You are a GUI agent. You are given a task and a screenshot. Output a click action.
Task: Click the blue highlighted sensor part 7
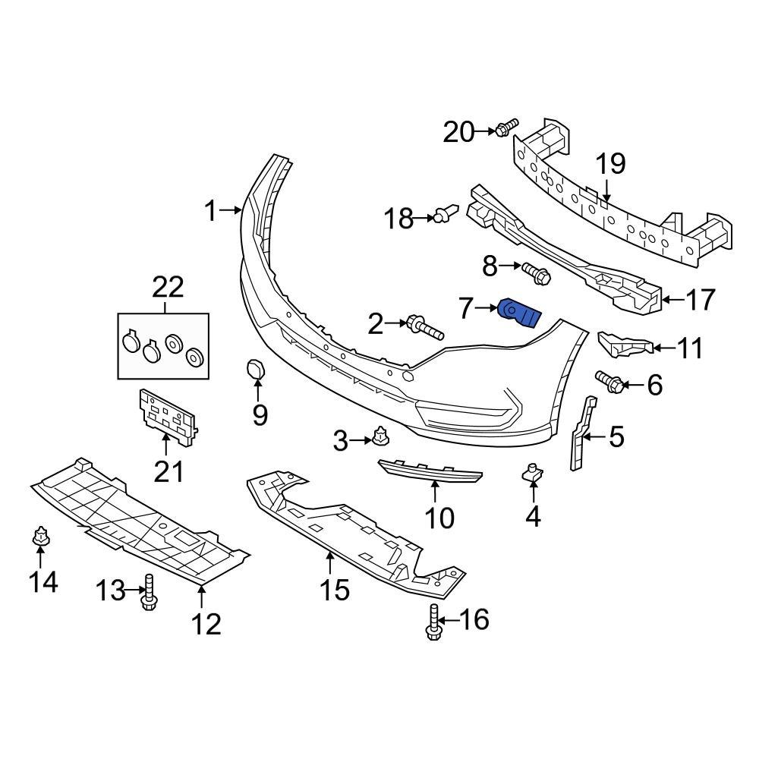click(519, 313)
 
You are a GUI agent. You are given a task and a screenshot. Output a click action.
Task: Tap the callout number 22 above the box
click(168, 288)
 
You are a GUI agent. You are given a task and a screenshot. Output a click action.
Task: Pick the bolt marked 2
click(424, 327)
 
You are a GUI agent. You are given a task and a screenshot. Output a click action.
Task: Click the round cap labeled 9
click(254, 369)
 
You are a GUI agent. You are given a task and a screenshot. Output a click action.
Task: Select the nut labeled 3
click(379, 437)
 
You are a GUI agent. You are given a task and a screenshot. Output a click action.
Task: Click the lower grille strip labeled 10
click(430, 471)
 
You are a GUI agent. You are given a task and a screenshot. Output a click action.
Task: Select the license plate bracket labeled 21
click(167, 415)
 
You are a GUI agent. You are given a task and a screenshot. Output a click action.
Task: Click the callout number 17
click(698, 300)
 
